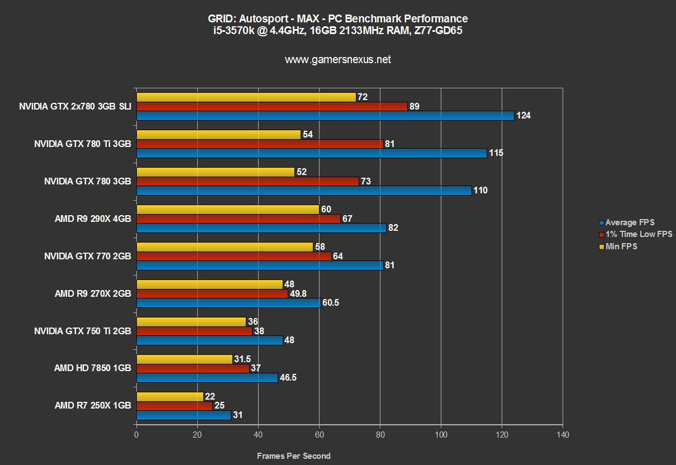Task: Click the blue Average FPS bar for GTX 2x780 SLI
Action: tap(325, 116)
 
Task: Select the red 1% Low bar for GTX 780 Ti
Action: tap(260, 144)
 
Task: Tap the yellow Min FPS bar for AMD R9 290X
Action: tap(227, 210)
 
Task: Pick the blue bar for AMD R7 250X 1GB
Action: tap(183, 415)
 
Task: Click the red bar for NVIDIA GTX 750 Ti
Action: tap(194, 331)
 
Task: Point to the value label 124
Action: tap(523, 116)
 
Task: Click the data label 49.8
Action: tap(299, 293)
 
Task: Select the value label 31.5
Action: tap(243, 359)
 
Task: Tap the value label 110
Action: tap(480, 191)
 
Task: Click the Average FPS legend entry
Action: tap(630, 222)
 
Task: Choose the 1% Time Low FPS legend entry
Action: tap(639, 234)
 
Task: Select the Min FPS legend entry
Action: tap(621, 246)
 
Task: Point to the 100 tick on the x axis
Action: tap(441, 434)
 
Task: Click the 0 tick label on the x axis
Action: tap(136, 434)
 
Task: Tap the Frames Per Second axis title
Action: tap(293, 456)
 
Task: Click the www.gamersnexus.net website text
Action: tap(338, 59)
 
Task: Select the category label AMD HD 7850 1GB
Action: tap(93, 368)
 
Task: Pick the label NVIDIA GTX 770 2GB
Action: tap(88, 256)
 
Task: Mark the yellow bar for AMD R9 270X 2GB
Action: tap(210, 284)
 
